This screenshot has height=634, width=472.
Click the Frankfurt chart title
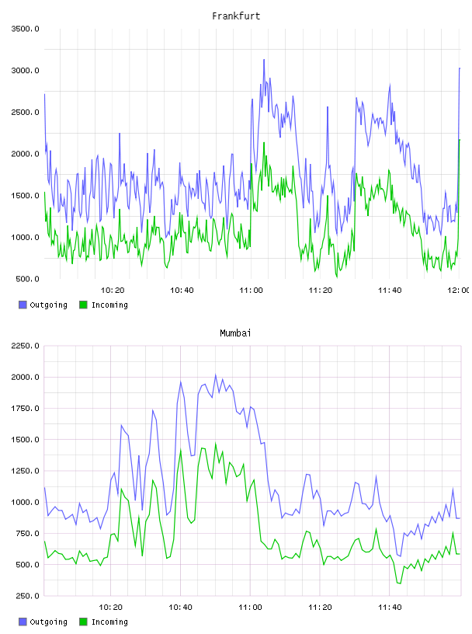click(x=236, y=16)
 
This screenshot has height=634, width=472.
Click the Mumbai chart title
click(x=235, y=333)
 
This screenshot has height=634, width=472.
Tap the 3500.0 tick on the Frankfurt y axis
click(x=25, y=29)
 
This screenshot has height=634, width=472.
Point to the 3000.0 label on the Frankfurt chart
click(x=25, y=71)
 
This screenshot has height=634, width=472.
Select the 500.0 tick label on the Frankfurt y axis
click(x=27, y=279)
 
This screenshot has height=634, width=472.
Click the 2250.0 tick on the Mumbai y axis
click(x=25, y=346)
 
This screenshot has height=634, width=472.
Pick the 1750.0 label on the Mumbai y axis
click(x=25, y=409)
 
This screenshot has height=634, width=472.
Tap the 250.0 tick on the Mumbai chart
click(x=27, y=596)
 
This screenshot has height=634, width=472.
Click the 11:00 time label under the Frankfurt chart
click(x=251, y=291)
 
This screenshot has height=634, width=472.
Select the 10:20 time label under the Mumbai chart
click(x=111, y=608)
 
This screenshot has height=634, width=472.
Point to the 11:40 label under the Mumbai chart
click(x=390, y=608)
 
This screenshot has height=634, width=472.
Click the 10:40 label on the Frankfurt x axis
click(x=182, y=291)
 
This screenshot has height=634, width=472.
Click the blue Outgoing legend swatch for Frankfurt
click(x=23, y=305)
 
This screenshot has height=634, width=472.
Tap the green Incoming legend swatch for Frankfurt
click(x=83, y=305)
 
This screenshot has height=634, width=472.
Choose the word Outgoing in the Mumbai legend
click(x=48, y=622)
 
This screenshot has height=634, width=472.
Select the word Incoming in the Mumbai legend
click(x=109, y=622)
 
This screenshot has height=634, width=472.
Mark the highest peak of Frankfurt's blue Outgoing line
click(x=264, y=59)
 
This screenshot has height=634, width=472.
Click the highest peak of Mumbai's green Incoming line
click(x=215, y=443)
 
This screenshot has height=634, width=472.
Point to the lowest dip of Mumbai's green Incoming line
click(x=400, y=583)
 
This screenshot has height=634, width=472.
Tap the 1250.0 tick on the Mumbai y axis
click(x=25, y=471)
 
